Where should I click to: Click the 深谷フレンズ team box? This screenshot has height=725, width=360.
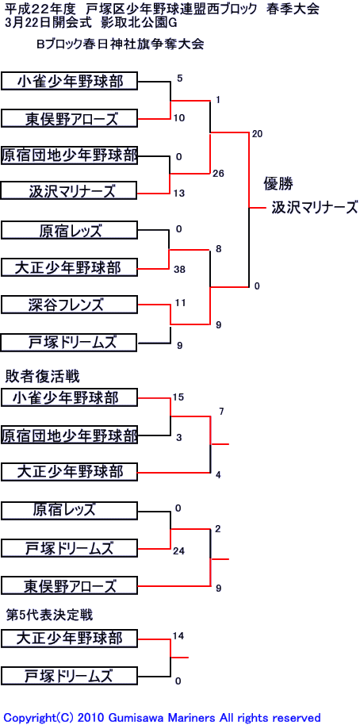pyautogui.click(x=69, y=305)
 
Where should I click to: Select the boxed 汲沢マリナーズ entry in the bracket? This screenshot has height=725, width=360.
pyautogui.click(x=69, y=191)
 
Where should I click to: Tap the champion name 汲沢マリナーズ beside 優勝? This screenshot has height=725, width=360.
pyautogui.click(x=315, y=207)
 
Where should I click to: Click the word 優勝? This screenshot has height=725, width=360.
pyautogui.click(x=278, y=183)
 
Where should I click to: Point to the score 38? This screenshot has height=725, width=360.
pyautogui.click(x=180, y=269)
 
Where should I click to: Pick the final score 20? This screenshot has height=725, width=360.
pyautogui.click(x=258, y=134)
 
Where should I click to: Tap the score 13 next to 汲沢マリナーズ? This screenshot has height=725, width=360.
pyautogui.click(x=180, y=194)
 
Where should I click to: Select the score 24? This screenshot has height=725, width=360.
pyautogui.click(x=179, y=551)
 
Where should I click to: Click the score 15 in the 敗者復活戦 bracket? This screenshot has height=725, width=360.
pyautogui.click(x=178, y=397)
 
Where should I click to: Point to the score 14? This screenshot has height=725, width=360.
pyautogui.click(x=178, y=635)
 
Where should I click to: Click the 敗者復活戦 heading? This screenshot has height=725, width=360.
pyautogui.click(x=43, y=376)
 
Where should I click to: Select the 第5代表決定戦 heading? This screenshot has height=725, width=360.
pyautogui.click(x=49, y=615)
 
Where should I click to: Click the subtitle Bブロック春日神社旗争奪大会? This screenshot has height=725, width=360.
pyautogui.click(x=121, y=44)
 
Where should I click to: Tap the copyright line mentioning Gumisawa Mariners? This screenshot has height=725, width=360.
pyautogui.click(x=162, y=718)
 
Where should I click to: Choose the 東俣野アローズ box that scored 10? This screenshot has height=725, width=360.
pyautogui.click(x=69, y=119)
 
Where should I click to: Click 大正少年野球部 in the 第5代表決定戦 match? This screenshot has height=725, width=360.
pyautogui.click(x=69, y=638)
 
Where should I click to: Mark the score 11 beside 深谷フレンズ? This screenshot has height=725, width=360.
pyautogui.click(x=180, y=303)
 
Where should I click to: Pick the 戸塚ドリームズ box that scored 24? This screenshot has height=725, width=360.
pyautogui.click(x=69, y=548)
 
